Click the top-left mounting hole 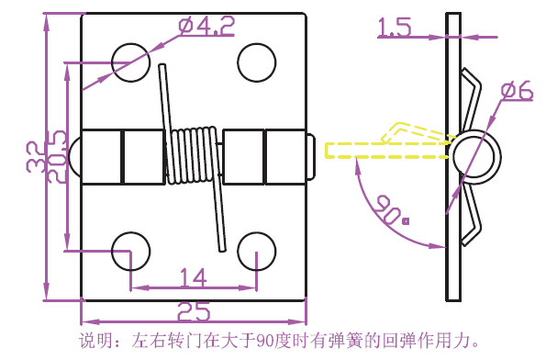coord(130,62)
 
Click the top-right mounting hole coord(256,62)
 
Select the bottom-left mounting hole coord(130,252)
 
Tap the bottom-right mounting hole coord(256,252)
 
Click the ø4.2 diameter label coord(206,26)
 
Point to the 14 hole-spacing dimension coord(193,277)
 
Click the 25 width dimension coord(194,311)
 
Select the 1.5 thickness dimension coord(395,27)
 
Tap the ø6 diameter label coord(518,91)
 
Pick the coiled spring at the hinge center coord(192,155)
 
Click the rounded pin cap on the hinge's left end coord(74,157)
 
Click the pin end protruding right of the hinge coord(310,157)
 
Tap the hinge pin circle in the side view coord(474,157)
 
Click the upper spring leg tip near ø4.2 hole coord(162,66)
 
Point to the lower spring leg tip coord(222,250)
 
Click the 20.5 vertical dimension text coord(57,157)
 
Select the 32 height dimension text coord(36,157)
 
